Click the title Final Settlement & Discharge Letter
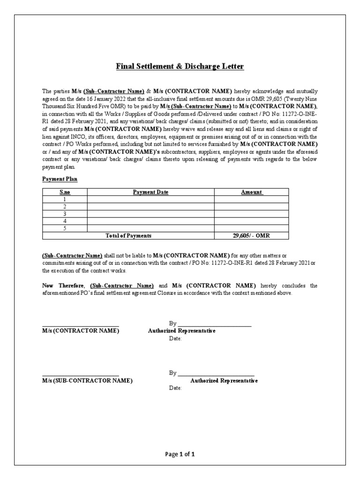coord(180,67)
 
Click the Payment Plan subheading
coord(60,179)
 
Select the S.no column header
coord(65,192)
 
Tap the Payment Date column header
coord(150,192)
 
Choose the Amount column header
coord(251,192)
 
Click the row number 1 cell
coord(65,199)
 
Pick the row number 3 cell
coord(65,214)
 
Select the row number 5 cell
coord(65,228)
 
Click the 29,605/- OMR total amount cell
coord(251,236)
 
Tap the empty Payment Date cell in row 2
coord(150,207)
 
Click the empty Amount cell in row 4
coord(251,221)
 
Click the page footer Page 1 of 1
coord(180,454)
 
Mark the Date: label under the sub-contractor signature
coord(175,389)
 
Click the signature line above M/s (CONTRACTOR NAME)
coord(80,326)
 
